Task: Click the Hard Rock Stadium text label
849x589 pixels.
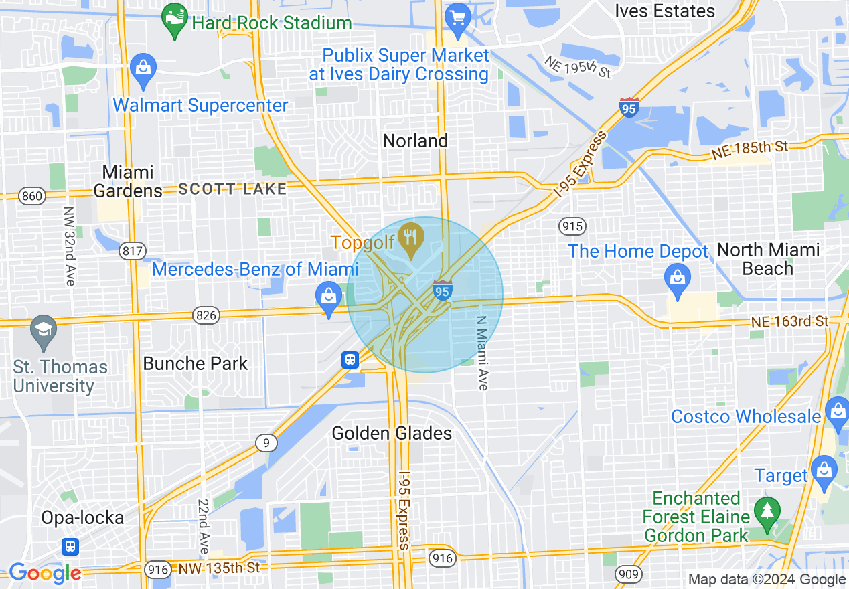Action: tap(271, 23)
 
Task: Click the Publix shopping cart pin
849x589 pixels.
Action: tap(459, 17)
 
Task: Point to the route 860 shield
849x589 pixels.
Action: tap(31, 196)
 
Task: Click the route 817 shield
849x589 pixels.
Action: tap(132, 251)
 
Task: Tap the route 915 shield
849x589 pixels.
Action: tap(573, 226)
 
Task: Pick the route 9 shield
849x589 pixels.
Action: tap(266, 442)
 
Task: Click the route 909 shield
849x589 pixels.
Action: tap(629, 574)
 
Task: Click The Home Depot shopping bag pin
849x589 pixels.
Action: tap(678, 276)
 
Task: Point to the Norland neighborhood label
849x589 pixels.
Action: tap(415, 141)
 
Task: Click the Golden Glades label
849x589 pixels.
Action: tap(392, 434)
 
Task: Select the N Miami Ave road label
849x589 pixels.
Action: tap(483, 353)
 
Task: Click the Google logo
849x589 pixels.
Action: tap(44, 573)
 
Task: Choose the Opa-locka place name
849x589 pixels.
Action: tap(82, 518)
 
